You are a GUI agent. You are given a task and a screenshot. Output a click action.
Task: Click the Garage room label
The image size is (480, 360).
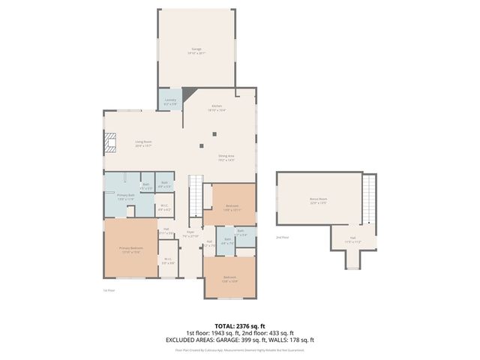[196, 51]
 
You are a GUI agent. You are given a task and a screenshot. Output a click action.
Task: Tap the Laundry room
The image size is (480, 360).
[169, 100]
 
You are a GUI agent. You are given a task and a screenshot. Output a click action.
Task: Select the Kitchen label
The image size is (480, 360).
[217, 108]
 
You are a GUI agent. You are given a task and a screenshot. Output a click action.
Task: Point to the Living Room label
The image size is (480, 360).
[143, 144]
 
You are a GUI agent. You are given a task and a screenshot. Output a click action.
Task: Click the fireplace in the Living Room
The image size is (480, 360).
[111, 142]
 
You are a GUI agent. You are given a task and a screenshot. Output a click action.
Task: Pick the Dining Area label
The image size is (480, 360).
[226, 157]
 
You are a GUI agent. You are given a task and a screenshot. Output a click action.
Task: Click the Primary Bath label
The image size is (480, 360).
[125, 197]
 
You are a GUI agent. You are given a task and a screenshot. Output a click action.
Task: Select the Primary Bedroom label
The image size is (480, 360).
[130, 249]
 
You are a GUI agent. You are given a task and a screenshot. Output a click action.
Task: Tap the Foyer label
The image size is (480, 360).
[190, 234]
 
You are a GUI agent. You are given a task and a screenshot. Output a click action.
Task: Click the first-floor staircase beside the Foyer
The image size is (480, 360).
[195, 193]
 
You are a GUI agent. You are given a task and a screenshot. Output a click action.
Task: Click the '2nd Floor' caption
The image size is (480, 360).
[282, 237]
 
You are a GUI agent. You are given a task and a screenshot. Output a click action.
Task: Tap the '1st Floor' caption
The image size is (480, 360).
[109, 290]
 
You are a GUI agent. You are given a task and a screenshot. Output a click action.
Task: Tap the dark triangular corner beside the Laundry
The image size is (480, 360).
[186, 94]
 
